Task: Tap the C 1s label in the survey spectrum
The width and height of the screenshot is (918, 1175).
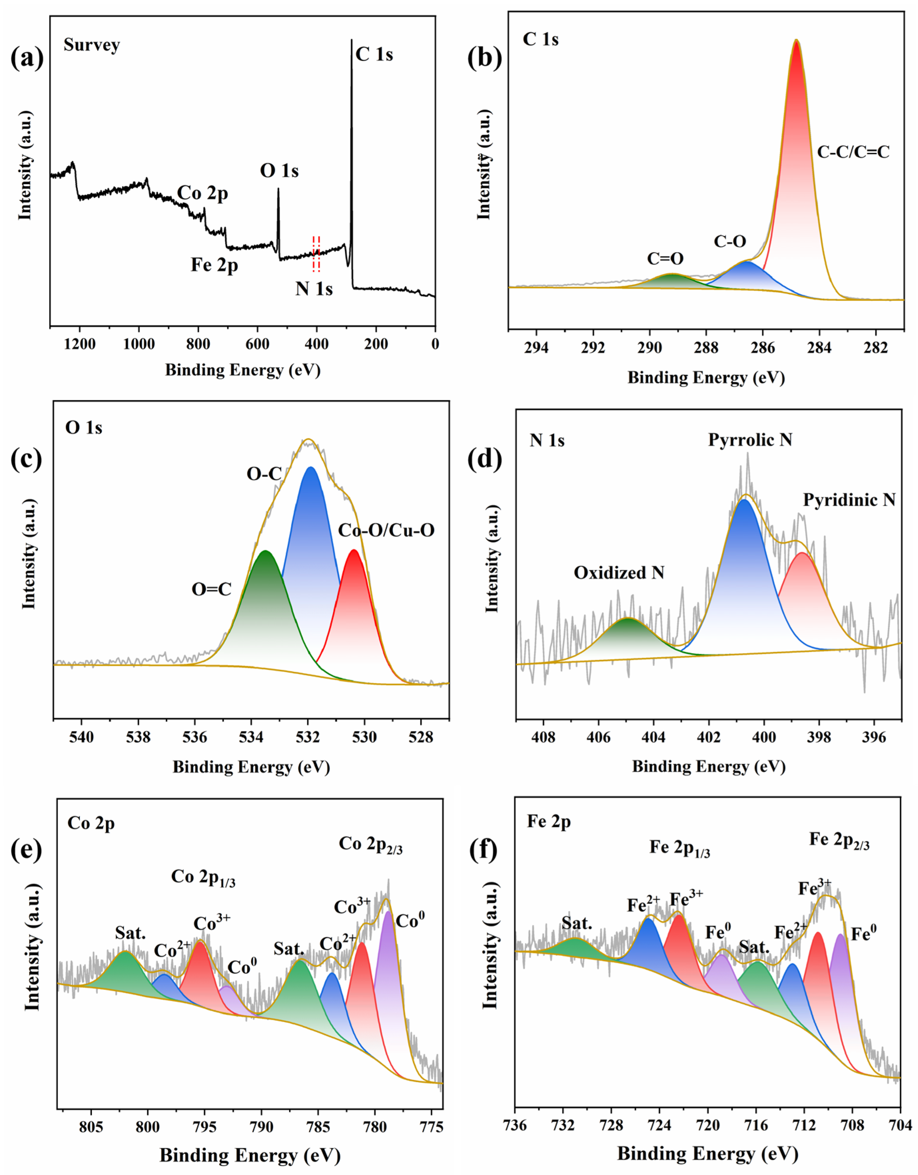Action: pos(374,54)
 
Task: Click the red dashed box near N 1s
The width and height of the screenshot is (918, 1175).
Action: pos(316,253)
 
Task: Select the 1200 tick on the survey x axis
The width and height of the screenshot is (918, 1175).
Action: pos(80,344)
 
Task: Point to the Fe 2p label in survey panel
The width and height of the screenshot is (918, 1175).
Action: pos(214,265)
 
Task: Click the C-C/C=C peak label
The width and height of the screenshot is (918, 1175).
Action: pos(853,152)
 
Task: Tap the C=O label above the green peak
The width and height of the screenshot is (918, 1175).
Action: pos(665,259)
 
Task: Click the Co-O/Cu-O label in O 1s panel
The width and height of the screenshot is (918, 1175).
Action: pos(386,531)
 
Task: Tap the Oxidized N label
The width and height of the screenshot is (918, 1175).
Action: pos(618,573)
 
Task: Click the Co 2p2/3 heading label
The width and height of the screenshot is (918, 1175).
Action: pos(371,845)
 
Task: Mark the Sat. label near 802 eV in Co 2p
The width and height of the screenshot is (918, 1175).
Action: pos(130,933)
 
